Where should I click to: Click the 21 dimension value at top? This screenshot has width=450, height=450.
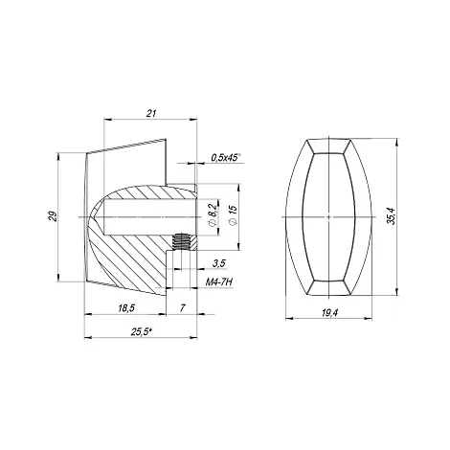click(x=151, y=113)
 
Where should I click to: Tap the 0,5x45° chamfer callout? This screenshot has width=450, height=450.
click(x=226, y=157)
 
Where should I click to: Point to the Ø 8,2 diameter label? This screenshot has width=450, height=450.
click(x=214, y=214)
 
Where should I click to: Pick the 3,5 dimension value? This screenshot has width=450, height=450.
click(x=219, y=263)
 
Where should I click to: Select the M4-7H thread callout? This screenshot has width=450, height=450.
click(x=218, y=282)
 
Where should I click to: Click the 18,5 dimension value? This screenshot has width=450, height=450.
click(x=126, y=308)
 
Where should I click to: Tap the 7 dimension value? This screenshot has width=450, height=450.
click(x=182, y=308)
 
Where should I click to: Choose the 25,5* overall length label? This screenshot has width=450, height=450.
click(x=141, y=332)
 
